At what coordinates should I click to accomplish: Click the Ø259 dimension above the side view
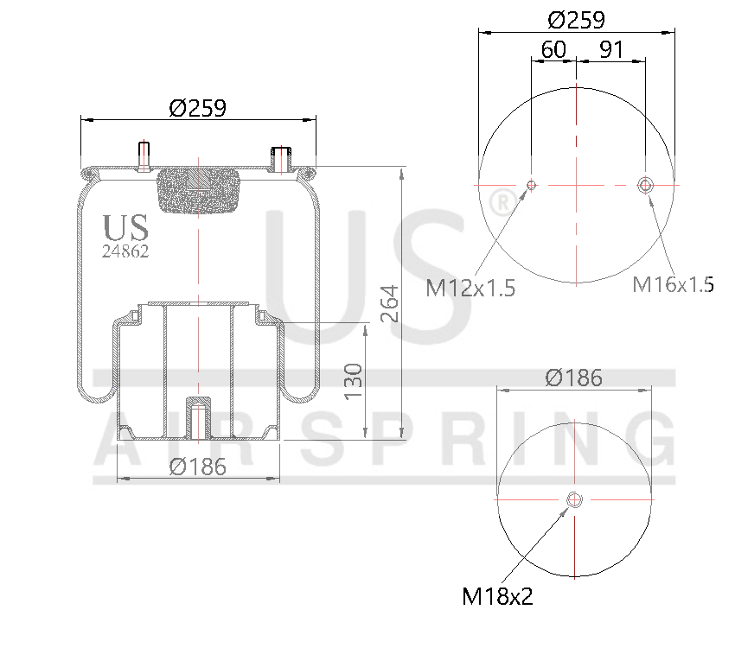(x=197, y=108)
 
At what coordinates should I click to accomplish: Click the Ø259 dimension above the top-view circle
(x=576, y=20)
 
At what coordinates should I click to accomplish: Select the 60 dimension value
(x=553, y=50)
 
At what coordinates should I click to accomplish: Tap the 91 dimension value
(x=611, y=50)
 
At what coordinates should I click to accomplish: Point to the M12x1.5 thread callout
(x=470, y=288)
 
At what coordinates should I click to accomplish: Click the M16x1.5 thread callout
(x=673, y=283)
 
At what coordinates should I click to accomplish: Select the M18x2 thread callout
(x=498, y=596)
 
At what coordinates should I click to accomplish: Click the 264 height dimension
(x=390, y=303)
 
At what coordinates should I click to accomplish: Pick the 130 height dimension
(x=354, y=381)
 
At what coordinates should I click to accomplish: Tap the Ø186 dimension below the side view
(x=197, y=467)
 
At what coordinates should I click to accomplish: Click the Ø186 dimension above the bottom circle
(x=573, y=378)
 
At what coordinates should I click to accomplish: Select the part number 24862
(x=125, y=252)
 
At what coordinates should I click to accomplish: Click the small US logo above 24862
(x=125, y=228)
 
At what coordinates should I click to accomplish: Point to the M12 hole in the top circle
(x=532, y=184)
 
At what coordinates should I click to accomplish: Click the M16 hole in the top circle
(x=645, y=184)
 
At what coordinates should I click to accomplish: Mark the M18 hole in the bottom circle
(x=574, y=500)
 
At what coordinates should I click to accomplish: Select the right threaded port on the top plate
(x=281, y=158)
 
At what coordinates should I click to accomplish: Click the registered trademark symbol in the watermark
(x=500, y=204)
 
